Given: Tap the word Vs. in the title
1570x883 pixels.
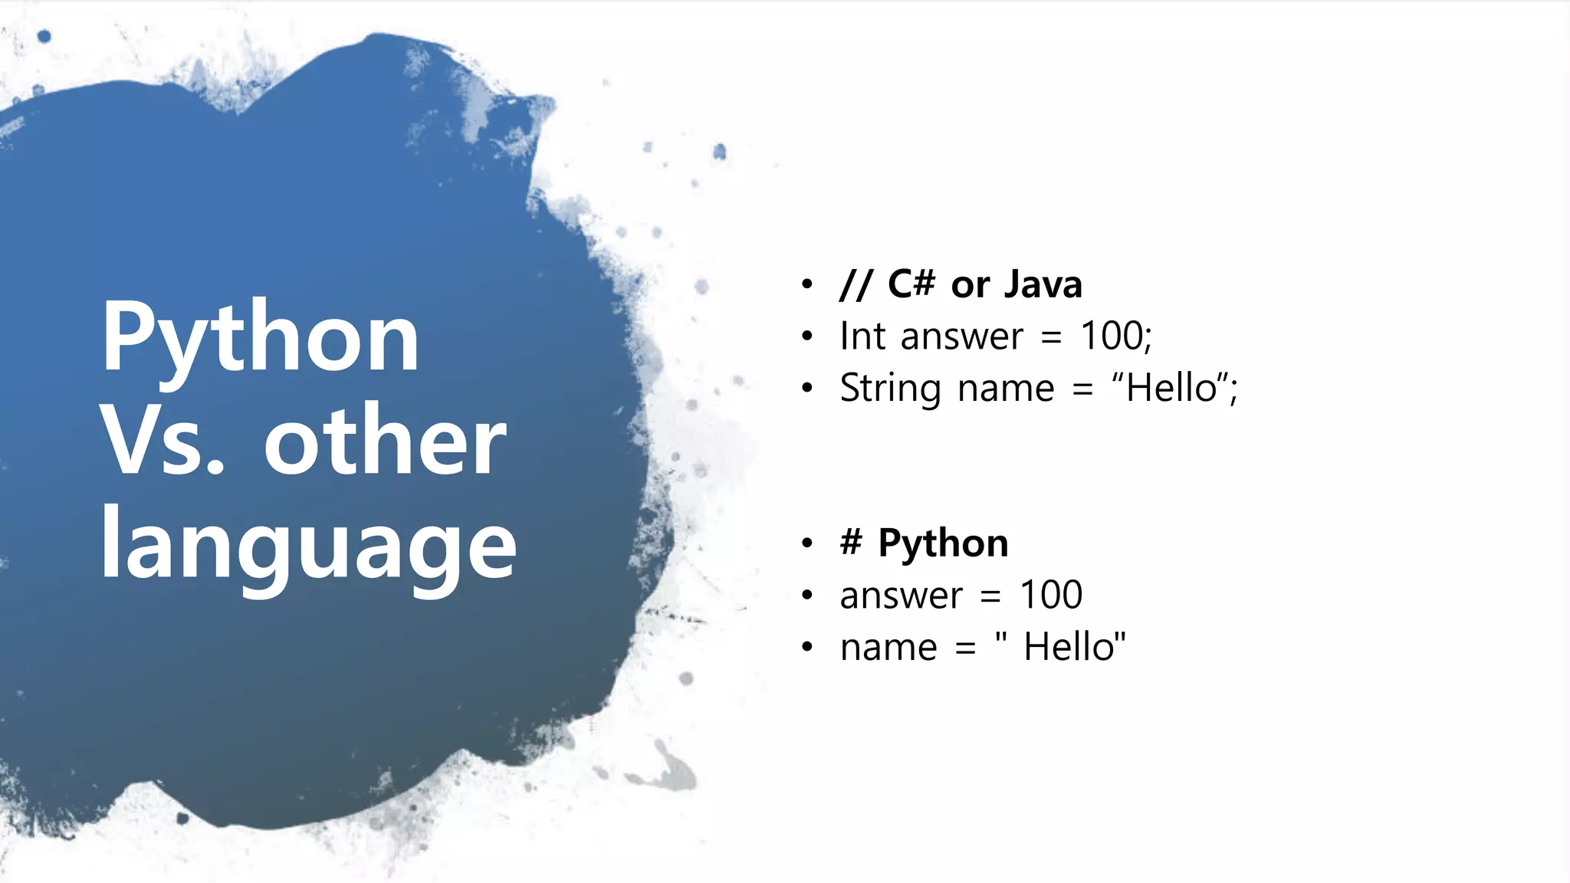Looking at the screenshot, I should [163, 441].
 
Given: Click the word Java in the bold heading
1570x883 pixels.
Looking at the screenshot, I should [1043, 284].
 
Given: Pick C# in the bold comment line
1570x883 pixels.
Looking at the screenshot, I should [911, 284].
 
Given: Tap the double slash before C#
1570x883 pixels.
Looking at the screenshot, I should [856, 284].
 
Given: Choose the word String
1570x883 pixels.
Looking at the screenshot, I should [890, 388].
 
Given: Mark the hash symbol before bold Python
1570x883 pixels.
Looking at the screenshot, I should [851, 543].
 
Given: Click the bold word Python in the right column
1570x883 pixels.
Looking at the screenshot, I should [943, 543].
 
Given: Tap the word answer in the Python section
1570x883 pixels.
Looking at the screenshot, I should [901, 596].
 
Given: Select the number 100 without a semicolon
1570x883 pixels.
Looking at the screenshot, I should [1051, 595].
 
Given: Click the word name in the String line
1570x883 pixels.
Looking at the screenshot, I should [1006, 388].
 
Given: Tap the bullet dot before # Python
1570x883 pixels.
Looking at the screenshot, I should [806, 543].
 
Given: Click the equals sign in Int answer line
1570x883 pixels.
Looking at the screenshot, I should [1052, 337].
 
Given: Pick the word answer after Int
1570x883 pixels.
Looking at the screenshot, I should [961, 337].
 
